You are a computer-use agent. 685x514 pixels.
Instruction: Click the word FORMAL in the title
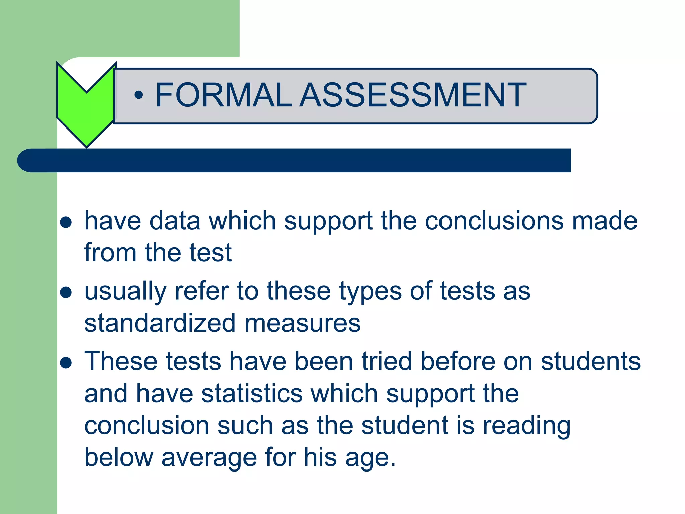[x=223, y=95]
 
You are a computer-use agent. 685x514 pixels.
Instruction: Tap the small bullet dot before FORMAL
[x=138, y=95]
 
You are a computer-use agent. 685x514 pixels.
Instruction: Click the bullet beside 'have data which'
[x=66, y=222]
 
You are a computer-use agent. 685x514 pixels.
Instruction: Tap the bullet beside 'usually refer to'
[x=66, y=292]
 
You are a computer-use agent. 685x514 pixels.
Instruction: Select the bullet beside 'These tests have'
[x=66, y=363]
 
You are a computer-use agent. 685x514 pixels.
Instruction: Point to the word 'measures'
[x=302, y=323]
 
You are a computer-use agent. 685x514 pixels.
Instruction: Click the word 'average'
[x=209, y=458]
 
